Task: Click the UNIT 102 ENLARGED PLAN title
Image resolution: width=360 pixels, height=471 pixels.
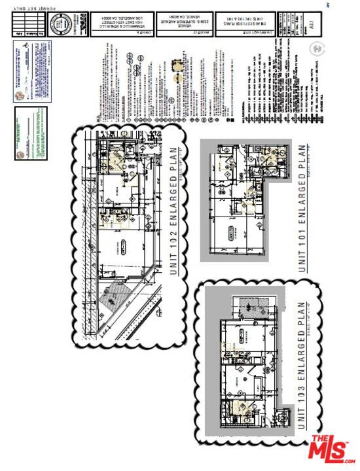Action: pos(175,219)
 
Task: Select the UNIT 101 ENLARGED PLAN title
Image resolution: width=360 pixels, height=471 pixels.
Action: pos(303,208)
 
